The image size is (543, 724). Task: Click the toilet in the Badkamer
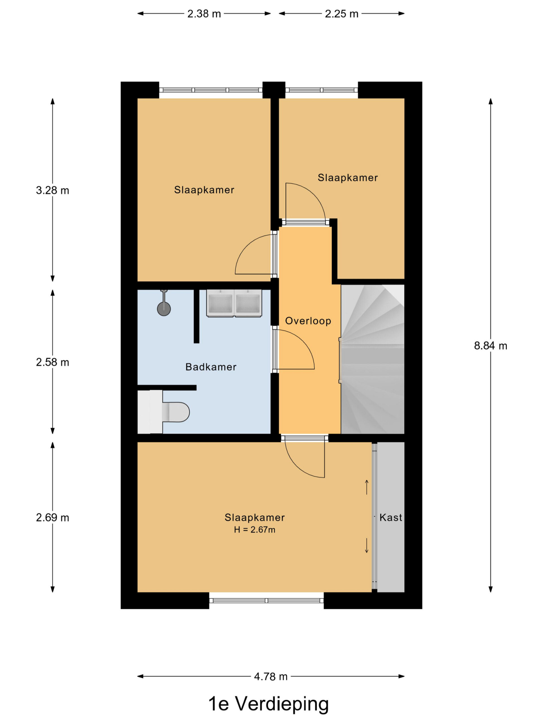coord(164,411)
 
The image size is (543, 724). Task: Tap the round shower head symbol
coord(164,309)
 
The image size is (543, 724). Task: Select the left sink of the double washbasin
coord(220,303)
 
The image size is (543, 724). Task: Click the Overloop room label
coord(308,321)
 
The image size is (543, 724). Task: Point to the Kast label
coord(391,518)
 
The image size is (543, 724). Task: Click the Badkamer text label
coord(211,367)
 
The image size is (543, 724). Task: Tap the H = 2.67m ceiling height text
coord(254,530)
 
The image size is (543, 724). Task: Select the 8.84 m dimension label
coord(490,346)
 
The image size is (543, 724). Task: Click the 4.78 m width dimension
coord(271,676)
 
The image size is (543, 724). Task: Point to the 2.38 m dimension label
coord(204,14)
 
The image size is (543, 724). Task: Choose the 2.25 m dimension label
coord(341,14)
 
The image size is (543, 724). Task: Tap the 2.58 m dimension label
coord(52,362)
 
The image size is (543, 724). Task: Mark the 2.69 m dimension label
coord(52,518)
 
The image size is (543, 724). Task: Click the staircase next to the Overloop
coord(372,359)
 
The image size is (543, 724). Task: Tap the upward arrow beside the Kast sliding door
coord(367,487)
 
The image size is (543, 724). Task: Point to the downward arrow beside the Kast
coord(367,546)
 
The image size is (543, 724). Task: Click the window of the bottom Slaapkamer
coord(266,601)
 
